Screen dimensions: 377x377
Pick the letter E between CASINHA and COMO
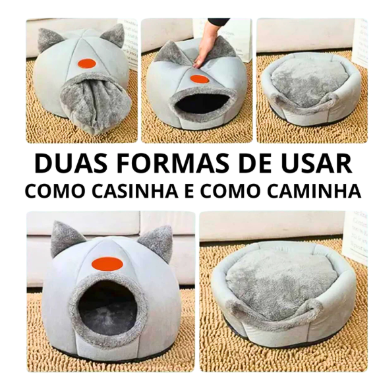tap(190, 190)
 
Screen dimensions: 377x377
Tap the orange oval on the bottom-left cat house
tap(107, 264)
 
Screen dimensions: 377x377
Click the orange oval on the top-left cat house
tap(86, 63)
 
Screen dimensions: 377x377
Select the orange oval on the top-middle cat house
tap(198, 79)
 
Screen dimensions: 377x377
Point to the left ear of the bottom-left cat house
tap(65, 239)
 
